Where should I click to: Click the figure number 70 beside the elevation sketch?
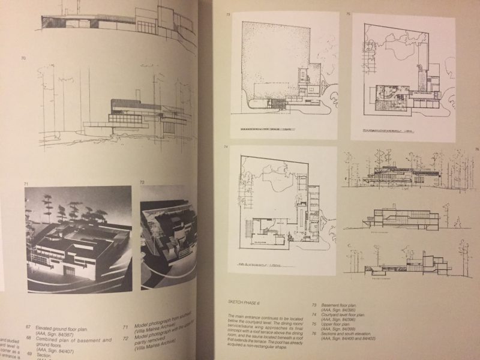pos(23,58)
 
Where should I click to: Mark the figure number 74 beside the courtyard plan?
pos(226,147)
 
